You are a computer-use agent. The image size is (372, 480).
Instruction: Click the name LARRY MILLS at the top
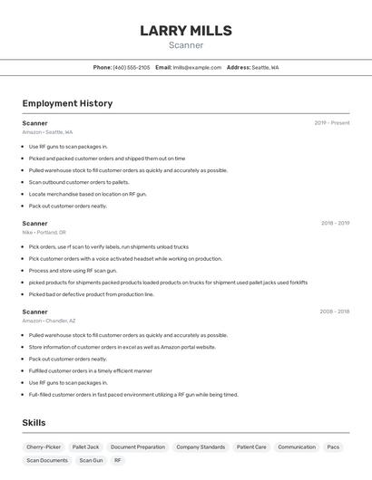click(186, 31)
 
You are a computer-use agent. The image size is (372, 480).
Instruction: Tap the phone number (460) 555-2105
click(132, 67)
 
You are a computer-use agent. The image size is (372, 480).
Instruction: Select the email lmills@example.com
click(197, 67)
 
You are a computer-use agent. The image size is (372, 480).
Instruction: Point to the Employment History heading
click(67, 103)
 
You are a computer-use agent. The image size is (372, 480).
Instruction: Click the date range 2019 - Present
click(332, 123)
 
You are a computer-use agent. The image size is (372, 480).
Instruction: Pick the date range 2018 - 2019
click(335, 223)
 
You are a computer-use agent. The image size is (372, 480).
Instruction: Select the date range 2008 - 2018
click(334, 312)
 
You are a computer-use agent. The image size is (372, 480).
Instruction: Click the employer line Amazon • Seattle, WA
click(47, 132)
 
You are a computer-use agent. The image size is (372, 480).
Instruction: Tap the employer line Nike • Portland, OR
click(44, 232)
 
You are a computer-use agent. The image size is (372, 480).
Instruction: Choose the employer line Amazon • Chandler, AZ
click(49, 321)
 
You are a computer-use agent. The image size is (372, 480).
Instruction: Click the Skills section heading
click(34, 423)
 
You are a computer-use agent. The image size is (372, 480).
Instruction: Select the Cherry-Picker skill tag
click(44, 446)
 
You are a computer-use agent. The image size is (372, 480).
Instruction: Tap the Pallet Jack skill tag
click(86, 446)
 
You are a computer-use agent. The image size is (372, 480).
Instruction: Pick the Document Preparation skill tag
click(138, 446)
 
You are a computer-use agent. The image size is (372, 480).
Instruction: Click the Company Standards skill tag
click(201, 446)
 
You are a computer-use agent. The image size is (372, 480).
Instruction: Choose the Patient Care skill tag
click(251, 446)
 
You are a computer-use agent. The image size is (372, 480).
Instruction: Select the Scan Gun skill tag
click(91, 460)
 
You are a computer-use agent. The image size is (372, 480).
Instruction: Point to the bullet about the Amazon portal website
click(122, 347)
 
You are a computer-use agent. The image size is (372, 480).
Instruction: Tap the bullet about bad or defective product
click(91, 293)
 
